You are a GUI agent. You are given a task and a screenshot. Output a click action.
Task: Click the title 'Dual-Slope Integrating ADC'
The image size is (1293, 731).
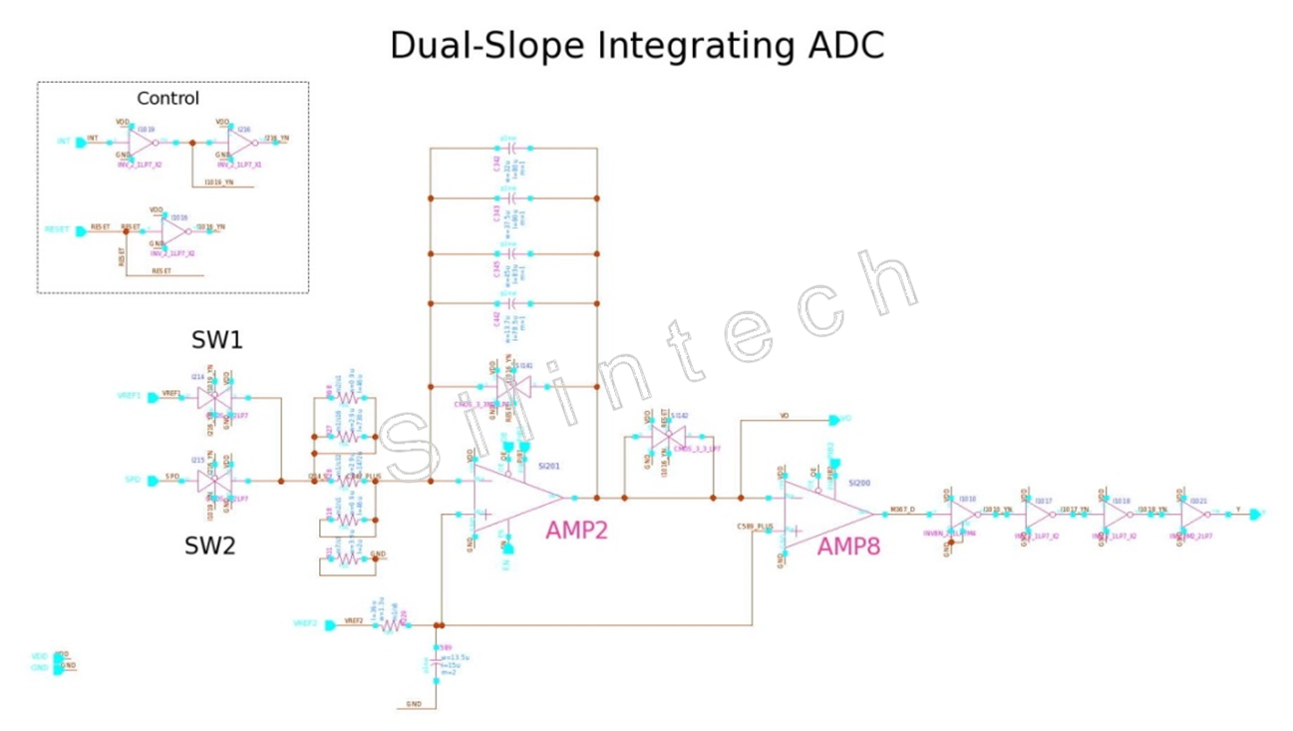636,46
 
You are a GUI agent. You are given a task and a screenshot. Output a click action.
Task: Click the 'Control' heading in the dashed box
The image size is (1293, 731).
167,98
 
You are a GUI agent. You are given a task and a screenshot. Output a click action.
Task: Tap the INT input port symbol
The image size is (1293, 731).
81,143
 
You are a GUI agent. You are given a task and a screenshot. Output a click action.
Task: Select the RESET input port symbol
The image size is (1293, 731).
81,230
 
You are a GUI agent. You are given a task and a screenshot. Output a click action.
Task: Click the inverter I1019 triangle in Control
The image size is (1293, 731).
142,143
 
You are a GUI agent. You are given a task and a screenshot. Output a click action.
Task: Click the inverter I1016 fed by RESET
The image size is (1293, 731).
174,230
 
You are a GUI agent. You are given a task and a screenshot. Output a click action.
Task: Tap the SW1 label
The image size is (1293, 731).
216,341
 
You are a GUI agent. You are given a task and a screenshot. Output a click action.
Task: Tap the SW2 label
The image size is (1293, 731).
209,547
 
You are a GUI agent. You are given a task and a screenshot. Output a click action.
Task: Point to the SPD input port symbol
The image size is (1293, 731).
153,481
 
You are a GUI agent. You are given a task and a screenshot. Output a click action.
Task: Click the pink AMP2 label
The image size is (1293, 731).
575,530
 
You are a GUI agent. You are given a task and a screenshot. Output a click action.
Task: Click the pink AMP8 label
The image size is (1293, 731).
848,546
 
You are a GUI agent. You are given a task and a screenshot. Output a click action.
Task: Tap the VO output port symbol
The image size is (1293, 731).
834,420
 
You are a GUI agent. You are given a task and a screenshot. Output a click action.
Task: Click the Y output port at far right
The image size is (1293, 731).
1255,514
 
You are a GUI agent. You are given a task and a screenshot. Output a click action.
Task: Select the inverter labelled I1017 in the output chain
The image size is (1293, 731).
1037,514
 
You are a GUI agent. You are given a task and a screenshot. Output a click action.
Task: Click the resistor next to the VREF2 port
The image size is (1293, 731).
392,625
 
